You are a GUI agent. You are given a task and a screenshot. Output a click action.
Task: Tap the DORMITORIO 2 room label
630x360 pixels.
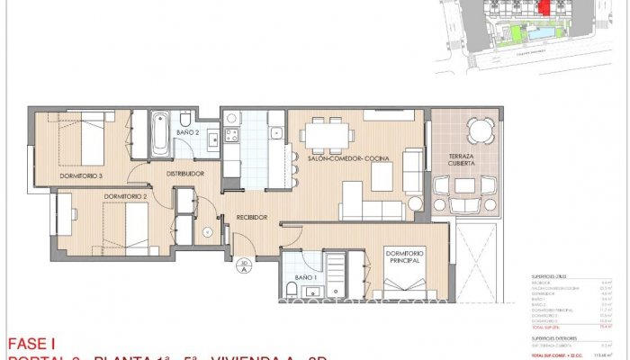124,195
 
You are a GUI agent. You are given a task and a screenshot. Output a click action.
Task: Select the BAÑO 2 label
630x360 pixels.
186,132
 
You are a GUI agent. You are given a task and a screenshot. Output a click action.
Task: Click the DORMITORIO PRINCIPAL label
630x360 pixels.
409,259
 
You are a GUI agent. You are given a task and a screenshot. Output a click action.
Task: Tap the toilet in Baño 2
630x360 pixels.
184,119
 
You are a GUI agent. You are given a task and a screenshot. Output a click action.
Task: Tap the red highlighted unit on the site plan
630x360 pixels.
542,8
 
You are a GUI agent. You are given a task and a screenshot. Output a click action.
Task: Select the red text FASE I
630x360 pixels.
31,343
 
